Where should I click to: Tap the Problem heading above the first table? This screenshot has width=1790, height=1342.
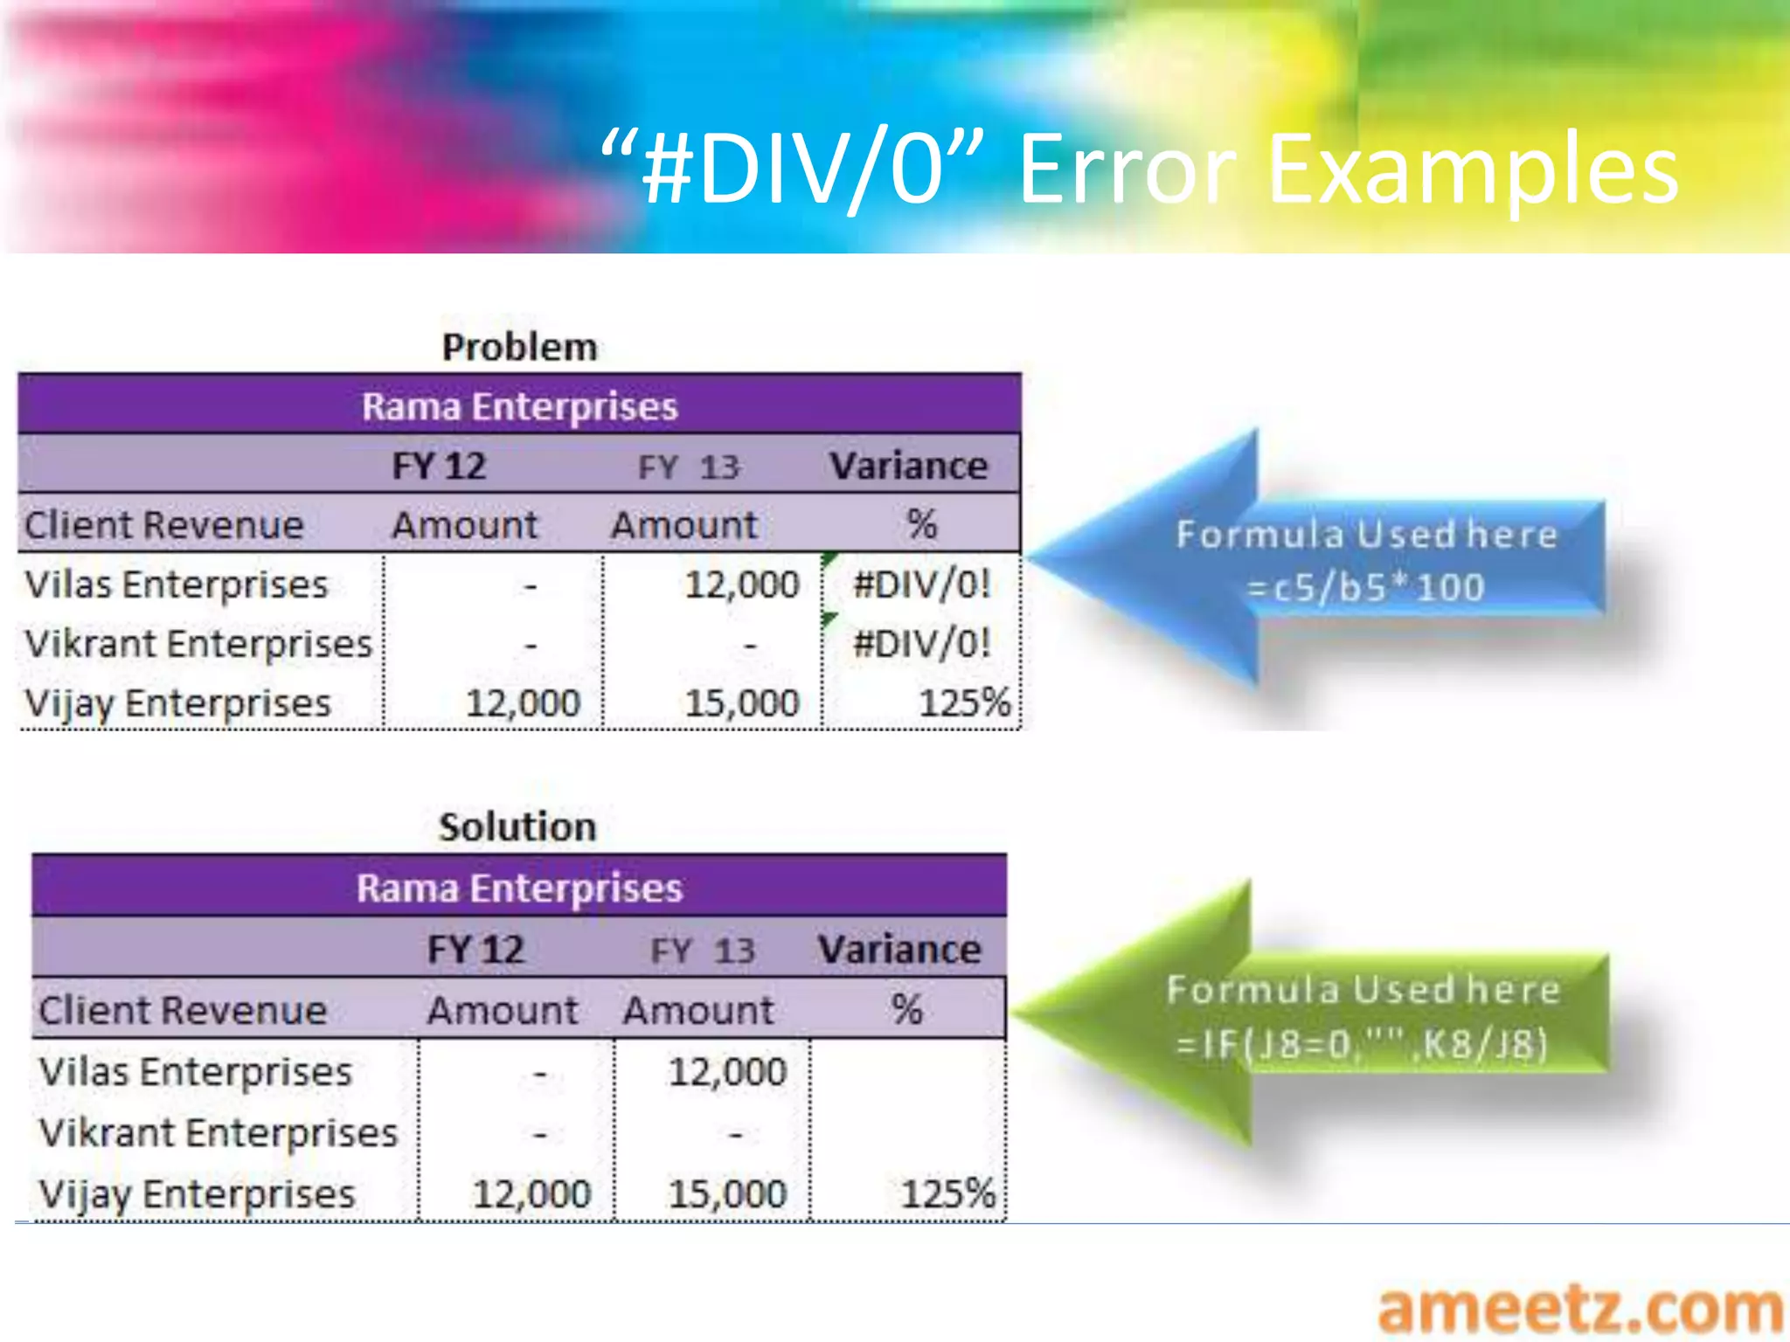(x=519, y=347)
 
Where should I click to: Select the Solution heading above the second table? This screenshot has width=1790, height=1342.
(x=517, y=827)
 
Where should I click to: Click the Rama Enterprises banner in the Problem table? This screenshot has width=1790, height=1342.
(x=519, y=406)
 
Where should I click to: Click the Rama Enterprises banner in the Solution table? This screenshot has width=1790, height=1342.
(x=519, y=888)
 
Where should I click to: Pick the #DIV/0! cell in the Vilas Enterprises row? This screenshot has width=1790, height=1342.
(x=921, y=584)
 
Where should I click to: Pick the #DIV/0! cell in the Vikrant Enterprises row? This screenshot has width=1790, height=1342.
(x=921, y=644)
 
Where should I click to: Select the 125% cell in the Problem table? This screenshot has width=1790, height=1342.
(x=964, y=702)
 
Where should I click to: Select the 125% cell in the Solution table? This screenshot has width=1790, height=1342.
(x=947, y=1193)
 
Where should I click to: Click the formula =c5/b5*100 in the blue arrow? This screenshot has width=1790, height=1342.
(x=1365, y=587)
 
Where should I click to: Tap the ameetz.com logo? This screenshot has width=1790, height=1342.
(x=1580, y=1308)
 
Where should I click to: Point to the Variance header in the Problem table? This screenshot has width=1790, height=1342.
(x=908, y=466)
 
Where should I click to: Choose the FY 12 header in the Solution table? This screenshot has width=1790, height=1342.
(x=475, y=950)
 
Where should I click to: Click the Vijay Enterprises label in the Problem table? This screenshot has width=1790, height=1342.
(x=178, y=703)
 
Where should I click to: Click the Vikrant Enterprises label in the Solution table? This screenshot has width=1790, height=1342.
(x=219, y=1133)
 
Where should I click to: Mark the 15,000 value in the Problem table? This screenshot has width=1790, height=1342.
(x=741, y=703)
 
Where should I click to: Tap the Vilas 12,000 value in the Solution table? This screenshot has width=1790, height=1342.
(x=727, y=1072)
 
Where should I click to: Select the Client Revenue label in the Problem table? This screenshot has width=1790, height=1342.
(x=164, y=525)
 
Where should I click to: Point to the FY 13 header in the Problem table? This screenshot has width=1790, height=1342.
(x=688, y=467)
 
